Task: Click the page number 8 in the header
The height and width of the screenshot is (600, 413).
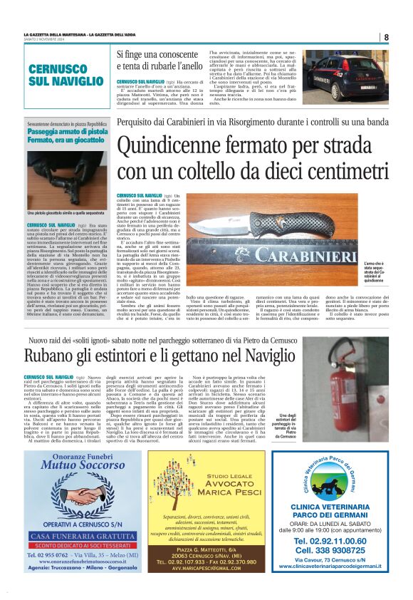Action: point(386,37)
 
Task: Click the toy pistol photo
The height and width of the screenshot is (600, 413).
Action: point(67,178)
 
